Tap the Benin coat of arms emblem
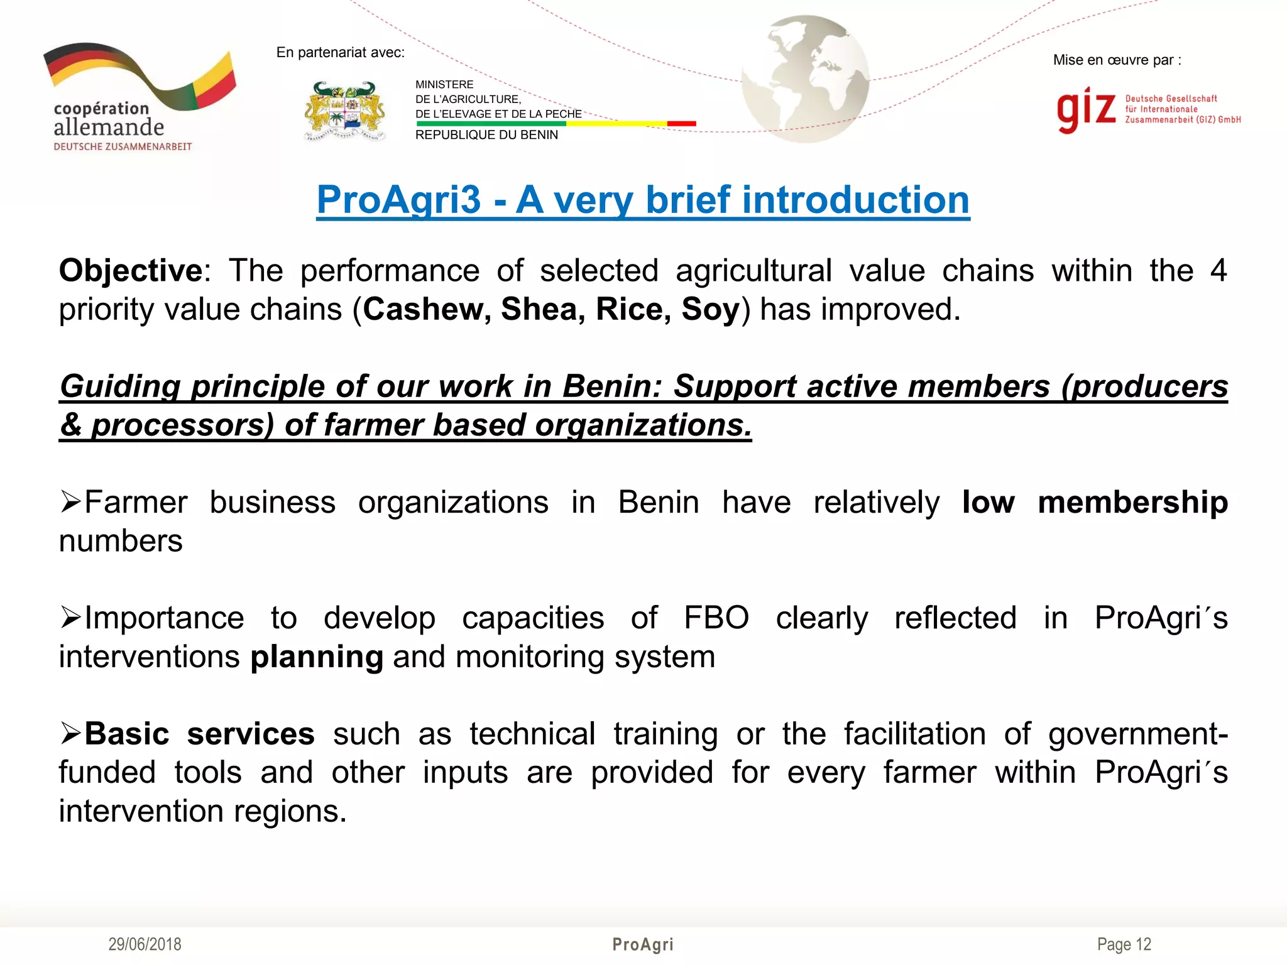tap(344, 111)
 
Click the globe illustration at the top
tap(805, 79)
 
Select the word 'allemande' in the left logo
tap(109, 128)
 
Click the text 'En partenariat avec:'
tap(340, 53)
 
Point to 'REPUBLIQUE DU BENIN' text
tap(486, 135)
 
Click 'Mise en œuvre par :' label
tap(1117, 60)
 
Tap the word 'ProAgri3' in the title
tap(398, 200)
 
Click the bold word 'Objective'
tap(131, 271)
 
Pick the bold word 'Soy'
tap(710, 310)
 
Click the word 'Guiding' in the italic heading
tap(120, 386)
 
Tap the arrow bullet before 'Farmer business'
tap(70, 502)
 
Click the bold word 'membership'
tap(1132, 503)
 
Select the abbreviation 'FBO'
tap(716, 618)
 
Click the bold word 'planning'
tap(317, 657)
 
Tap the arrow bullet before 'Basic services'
tap(70, 733)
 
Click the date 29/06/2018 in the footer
tap(145, 944)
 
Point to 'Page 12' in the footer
tap(1124, 944)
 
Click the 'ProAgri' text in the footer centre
tap(642, 944)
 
